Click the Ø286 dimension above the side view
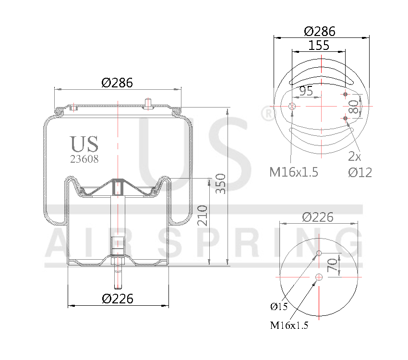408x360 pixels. coord(117,82)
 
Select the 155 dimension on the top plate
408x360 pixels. coord(319,46)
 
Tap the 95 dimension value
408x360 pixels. coord(306,90)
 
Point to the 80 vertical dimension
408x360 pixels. coord(354,106)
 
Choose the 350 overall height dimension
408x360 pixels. coord(221,184)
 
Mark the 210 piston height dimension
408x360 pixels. coord(202,216)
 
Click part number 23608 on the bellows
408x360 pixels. coord(84,159)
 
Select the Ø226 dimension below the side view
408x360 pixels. coord(118,299)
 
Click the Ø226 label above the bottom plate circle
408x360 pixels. coord(318,217)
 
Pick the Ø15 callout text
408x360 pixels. coord(279,306)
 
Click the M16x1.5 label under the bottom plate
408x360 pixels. coord(288,325)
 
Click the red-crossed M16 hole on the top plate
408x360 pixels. coord(292,106)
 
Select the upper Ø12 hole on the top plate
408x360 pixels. coord(345,94)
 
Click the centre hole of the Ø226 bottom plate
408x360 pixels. coord(319,276)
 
